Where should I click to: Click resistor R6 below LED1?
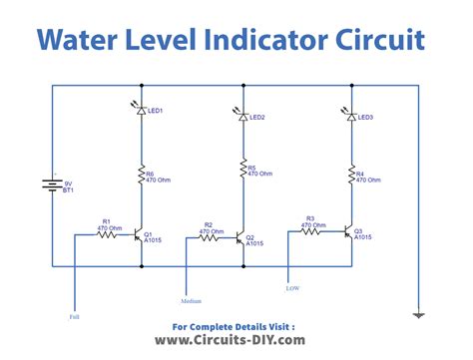(141, 178)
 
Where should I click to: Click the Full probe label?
(75, 317)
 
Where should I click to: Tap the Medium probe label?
(192, 299)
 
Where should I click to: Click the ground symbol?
(418, 314)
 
